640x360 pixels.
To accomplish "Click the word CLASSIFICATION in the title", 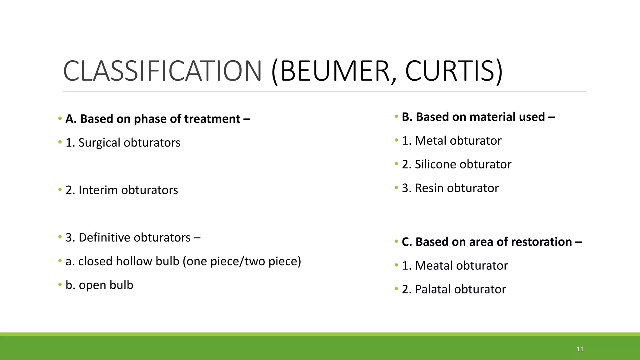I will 162,71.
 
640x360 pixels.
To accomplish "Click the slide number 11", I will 580,349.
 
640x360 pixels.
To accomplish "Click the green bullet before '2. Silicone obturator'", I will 396,164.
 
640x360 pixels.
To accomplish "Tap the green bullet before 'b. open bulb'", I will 60,284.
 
